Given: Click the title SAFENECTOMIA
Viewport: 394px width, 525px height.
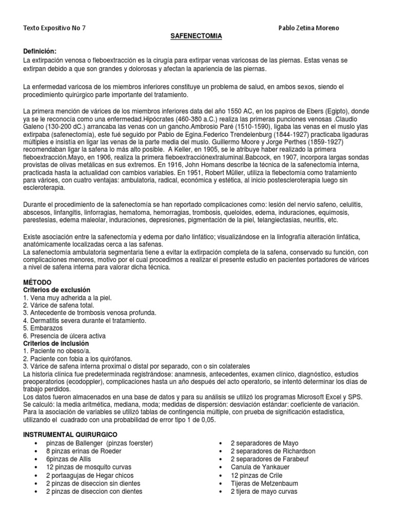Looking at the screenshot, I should tap(196, 37).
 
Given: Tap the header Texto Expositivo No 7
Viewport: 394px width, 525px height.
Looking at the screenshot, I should tap(55, 28).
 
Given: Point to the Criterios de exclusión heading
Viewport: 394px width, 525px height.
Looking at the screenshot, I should tap(57, 290).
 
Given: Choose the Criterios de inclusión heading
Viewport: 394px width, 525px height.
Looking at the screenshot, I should tap(56, 343).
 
